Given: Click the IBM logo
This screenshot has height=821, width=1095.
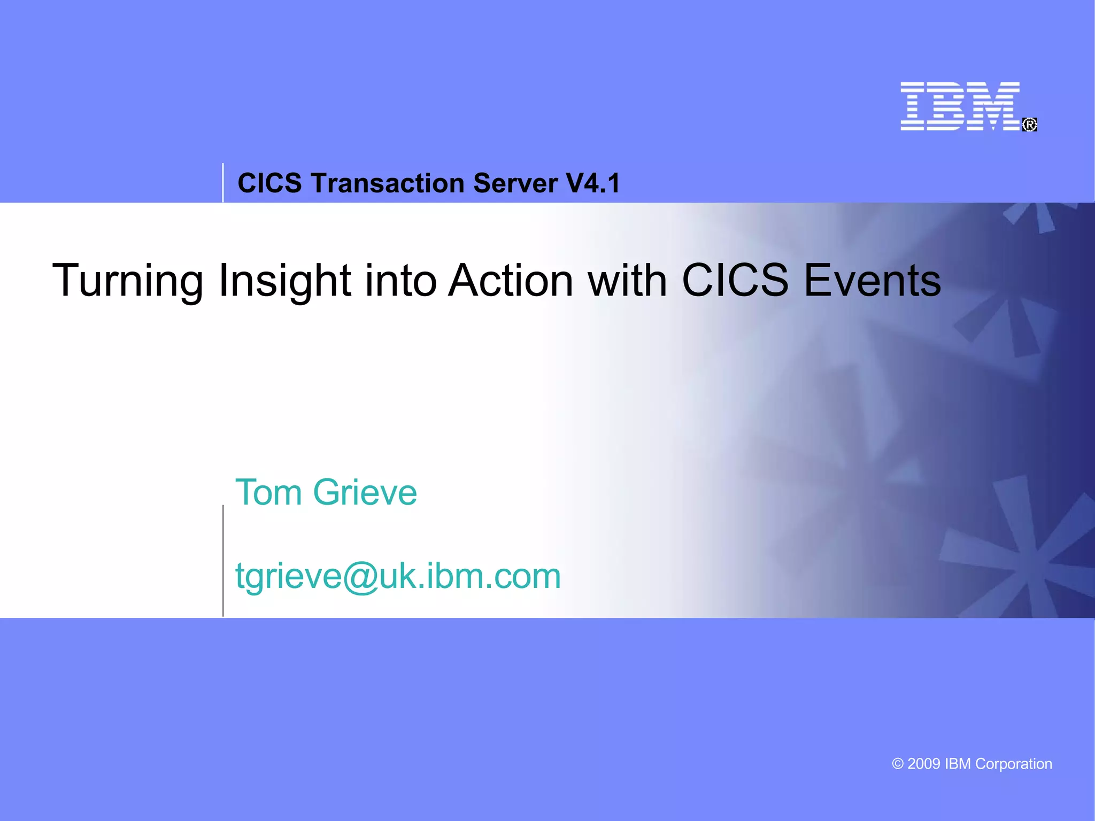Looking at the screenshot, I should pyautogui.click(x=960, y=106).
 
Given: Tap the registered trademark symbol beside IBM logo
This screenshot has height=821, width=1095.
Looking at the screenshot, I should pyautogui.click(x=1030, y=125).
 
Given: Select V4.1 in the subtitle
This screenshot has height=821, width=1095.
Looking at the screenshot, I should pyautogui.click(x=593, y=183).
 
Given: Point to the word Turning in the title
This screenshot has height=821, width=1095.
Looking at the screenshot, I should pyautogui.click(x=127, y=281).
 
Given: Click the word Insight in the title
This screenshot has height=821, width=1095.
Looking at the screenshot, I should pyautogui.click(x=284, y=281).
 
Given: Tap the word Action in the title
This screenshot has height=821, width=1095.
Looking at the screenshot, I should pyautogui.click(x=511, y=281).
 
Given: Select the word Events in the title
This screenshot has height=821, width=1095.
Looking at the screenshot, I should pyautogui.click(x=872, y=281).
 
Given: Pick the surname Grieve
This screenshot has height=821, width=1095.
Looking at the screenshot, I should pyautogui.click(x=365, y=492).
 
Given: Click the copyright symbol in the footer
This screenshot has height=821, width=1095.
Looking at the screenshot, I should pyautogui.click(x=898, y=764).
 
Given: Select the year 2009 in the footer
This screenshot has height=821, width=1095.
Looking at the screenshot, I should pyautogui.click(x=924, y=764).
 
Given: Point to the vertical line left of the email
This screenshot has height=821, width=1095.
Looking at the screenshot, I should pyautogui.click(x=223, y=561).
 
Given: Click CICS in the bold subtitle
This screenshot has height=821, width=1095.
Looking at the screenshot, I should pyautogui.click(x=269, y=183).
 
